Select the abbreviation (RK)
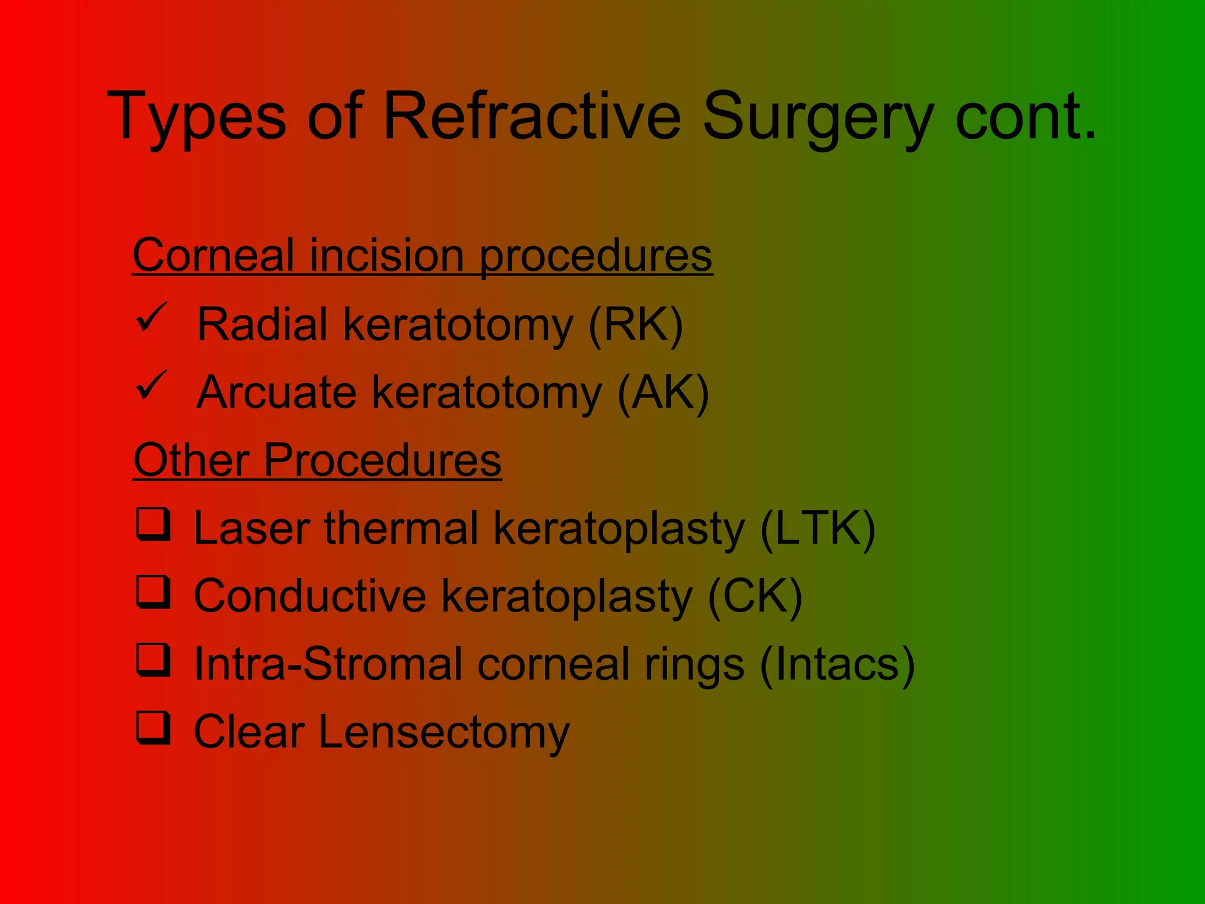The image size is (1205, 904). [635, 324]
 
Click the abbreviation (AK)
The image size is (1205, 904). [663, 393]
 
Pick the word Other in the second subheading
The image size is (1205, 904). [191, 460]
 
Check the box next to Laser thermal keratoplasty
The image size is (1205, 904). [154, 524]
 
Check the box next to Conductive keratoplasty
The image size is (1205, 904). [154, 591]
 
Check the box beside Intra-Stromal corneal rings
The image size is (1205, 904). [154, 660]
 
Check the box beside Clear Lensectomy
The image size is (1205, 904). [154, 728]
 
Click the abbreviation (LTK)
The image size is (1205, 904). [817, 529]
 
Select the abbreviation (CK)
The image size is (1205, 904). [755, 597]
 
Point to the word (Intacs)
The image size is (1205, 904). [837, 664]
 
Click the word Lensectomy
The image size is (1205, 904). [444, 732]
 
